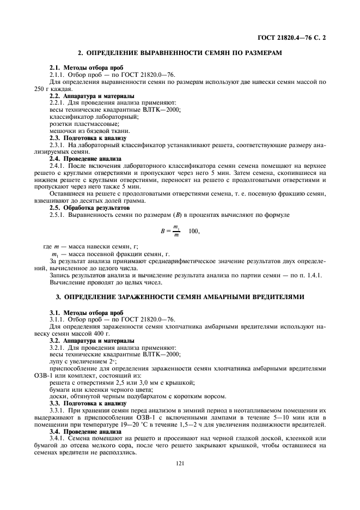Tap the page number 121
pyautogui.click(x=180, y=463)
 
